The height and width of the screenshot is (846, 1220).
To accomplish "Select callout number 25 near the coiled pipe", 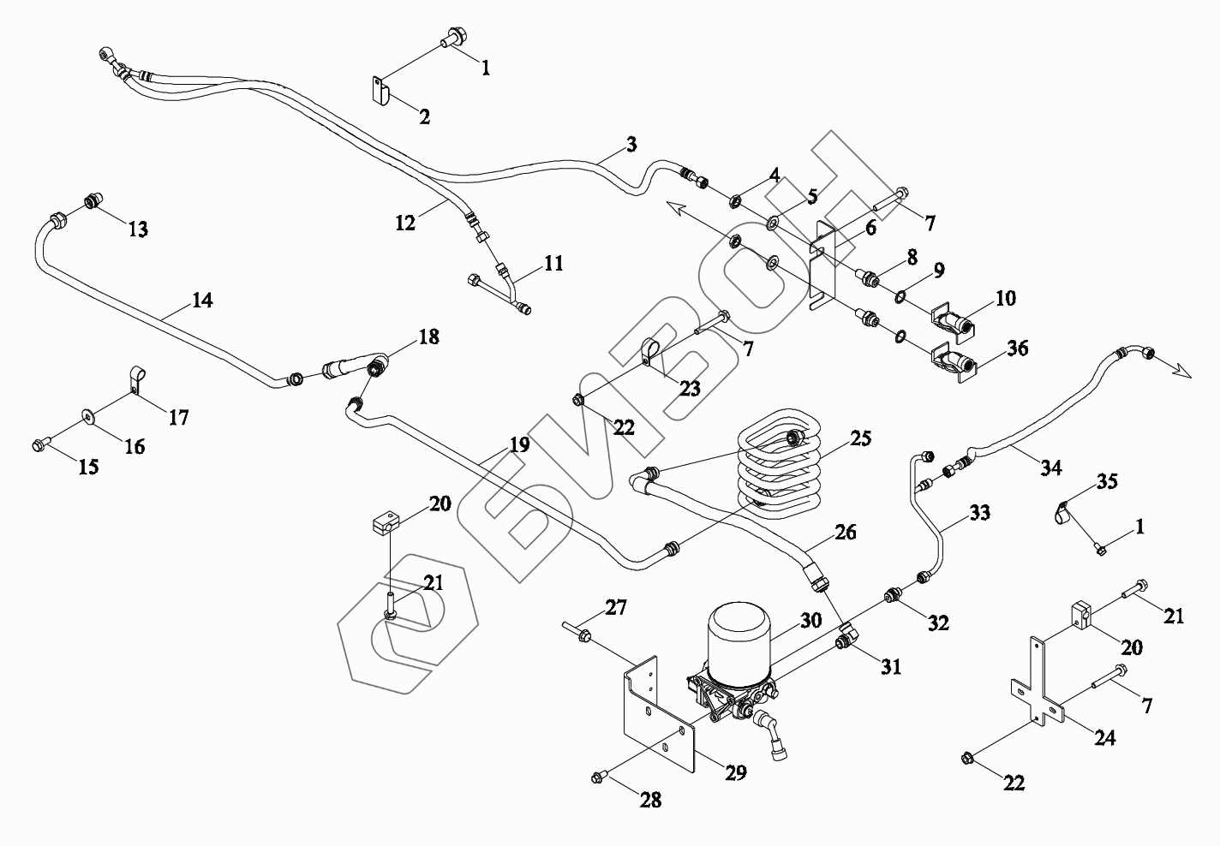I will [x=860, y=439].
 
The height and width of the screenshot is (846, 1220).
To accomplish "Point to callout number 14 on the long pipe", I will [x=202, y=301].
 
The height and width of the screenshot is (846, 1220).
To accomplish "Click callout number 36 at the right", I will [x=1017, y=349].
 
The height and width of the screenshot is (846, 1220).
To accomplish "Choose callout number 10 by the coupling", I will [x=1005, y=298].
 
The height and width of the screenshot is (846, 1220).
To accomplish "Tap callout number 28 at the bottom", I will [x=650, y=800].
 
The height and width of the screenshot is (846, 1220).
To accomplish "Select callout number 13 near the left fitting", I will [x=138, y=229].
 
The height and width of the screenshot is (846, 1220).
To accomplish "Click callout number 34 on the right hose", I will [x=1050, y=468].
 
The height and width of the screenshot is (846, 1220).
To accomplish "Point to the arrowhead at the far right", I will [x=1182, y=370].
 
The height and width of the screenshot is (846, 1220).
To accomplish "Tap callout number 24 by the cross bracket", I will [x=1105, y=738].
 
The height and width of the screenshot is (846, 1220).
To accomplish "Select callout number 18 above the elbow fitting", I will [x=428, y=337].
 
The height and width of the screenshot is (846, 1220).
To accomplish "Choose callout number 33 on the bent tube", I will [x=979, y=513].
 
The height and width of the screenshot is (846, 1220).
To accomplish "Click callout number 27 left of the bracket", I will [x=615, y=608].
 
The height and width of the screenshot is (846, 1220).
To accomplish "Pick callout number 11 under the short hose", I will [x=553, y=263].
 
